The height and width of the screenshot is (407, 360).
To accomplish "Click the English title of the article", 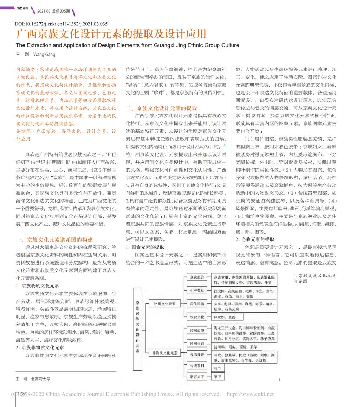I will [127, 45].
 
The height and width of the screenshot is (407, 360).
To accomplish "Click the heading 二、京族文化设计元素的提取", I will [161, 108].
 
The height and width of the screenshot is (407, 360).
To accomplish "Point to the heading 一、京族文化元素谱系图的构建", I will [54, 240].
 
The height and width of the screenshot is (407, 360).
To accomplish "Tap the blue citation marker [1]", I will [224, 145].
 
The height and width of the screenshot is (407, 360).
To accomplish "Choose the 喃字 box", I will [218, 376].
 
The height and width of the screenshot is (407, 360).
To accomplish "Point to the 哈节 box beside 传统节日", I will [218, 368].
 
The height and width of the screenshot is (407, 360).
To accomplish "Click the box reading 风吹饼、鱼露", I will [225, 317].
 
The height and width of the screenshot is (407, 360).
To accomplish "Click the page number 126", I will [20, 395].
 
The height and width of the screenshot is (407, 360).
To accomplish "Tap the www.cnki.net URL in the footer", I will [250, 394].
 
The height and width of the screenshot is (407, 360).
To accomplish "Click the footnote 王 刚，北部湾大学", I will [33, 379].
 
